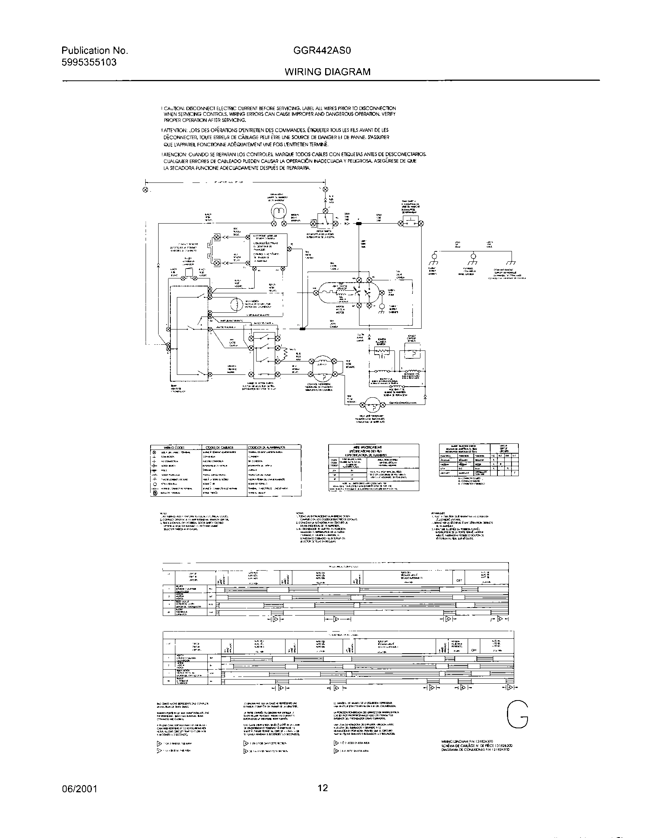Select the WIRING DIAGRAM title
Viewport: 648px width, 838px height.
(x=327, y=72)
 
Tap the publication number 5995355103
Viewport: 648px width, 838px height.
(x=89, y=62)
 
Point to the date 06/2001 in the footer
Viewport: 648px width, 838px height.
(x=79, y=789)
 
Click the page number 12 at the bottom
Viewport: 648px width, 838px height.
(x=323, y=788)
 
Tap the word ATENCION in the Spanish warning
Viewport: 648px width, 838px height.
(x=175, y=154)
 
